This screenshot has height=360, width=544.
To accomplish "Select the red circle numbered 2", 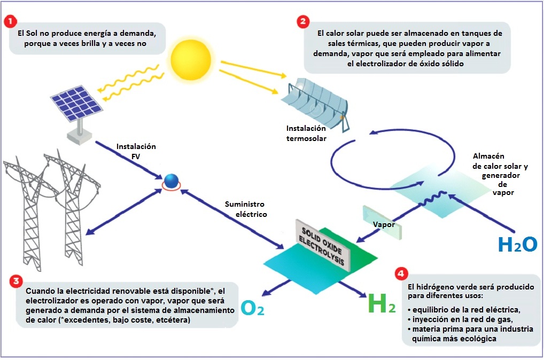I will click(x=304, y=21).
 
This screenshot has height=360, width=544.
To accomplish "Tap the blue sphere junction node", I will click(x=171, y=181).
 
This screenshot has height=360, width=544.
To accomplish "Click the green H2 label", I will click(x=382, y=305).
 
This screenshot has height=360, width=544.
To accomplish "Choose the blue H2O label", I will click(x=517, y=244).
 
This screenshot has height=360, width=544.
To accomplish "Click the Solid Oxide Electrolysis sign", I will click(x=323, y=241).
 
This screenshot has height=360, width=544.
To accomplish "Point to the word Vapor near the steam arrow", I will click(x=384, y=225).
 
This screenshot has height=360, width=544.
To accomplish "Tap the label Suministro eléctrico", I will click(x=244, y=209).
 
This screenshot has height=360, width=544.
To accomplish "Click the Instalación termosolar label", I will click(x=306, y=134).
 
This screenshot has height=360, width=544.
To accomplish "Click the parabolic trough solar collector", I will click(x=315, y=101).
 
